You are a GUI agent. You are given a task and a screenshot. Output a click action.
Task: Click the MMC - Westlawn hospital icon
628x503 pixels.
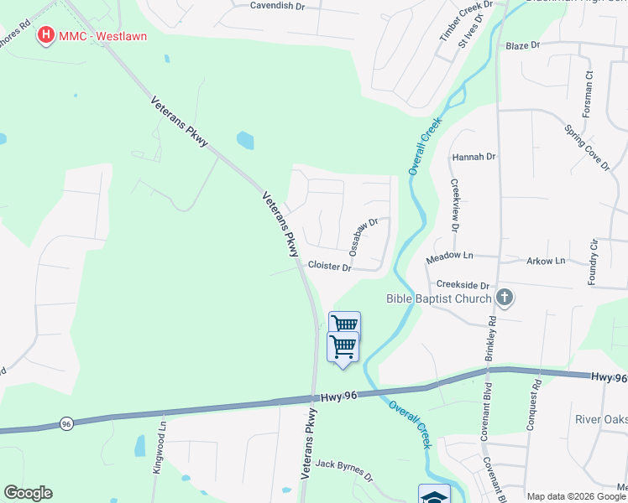click(x=47, y=36)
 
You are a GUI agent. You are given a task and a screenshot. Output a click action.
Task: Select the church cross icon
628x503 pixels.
click(x=505, y=297)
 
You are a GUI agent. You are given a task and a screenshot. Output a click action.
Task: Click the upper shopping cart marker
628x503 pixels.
click(x=344, y=324)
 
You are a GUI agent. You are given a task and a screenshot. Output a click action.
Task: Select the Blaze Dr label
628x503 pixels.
click(x=522, y=45)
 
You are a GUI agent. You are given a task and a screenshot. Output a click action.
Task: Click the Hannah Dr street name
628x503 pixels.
click(x=474, y=157)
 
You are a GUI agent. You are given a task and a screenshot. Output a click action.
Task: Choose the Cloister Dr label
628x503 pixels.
click(x=329, y=266)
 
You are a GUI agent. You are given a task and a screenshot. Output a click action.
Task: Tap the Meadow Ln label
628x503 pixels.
click(x=449, y=255)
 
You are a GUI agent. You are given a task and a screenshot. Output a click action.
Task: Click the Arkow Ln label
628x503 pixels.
click(x=546, y=261)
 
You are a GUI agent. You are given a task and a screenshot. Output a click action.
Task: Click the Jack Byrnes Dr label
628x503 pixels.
click(x=343, y=469)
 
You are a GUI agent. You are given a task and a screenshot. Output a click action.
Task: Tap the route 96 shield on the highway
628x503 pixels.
click(x=66, y=424)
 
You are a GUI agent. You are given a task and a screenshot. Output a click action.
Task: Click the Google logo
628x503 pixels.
click(x=29, y=493)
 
